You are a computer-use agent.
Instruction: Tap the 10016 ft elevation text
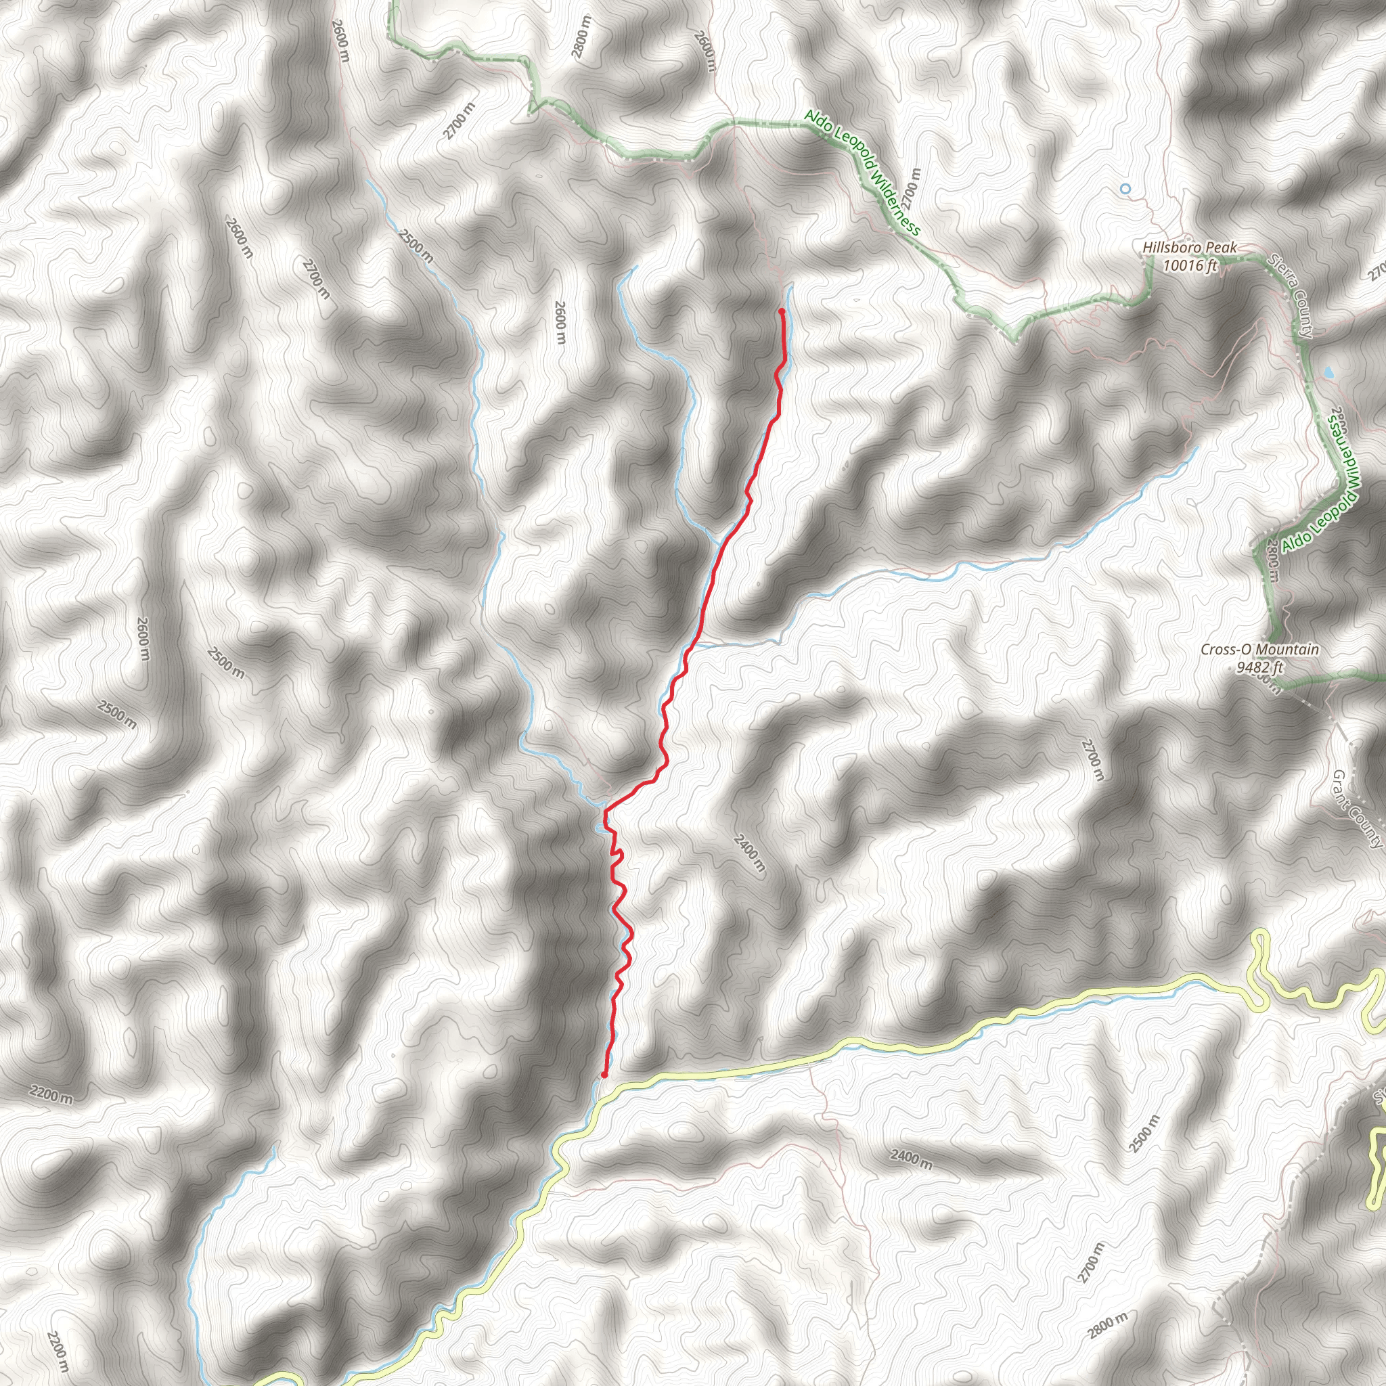coord(1190,265)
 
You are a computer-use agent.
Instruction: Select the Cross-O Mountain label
coord(1259,649)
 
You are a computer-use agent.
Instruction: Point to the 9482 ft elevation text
coord(1259,667)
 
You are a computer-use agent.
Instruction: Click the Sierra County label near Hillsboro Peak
coord(1290,295)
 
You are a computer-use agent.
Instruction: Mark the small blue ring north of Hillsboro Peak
coord(1125,189)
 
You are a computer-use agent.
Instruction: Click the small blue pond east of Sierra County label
coord(1328,373)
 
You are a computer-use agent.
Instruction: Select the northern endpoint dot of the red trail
coord(780,311)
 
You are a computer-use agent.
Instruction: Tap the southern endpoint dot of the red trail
coord(604,1075)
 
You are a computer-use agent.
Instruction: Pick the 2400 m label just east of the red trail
coord(750,853)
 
